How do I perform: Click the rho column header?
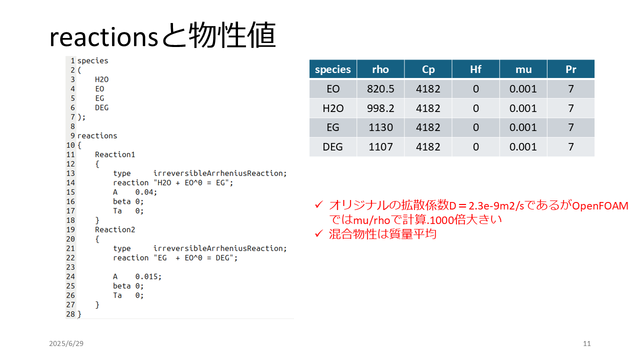tap(380, 69)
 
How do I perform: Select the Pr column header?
tap(571, 69)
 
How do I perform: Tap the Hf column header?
tap(475, 69)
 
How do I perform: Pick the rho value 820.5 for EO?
tap(380, 89)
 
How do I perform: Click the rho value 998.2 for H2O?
tap(380, 108)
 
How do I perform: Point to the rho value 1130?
tap(380, 127)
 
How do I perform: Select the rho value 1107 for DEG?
tap(380, 147)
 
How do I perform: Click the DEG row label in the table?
tap(332, 147)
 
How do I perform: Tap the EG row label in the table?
tap(333, 127)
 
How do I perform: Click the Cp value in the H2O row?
tap(428, 108)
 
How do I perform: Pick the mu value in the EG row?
tap(523, 127)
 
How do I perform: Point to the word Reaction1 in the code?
tap(115, 154)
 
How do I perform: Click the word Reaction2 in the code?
tap(115, 229)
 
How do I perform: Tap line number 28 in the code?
tap(70, 314)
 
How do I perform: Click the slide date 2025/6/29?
tap(66, 343)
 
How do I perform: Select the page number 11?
tap(587, 343)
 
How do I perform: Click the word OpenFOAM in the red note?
tap(600, 206)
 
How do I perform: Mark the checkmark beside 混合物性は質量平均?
tap(319, 233)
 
